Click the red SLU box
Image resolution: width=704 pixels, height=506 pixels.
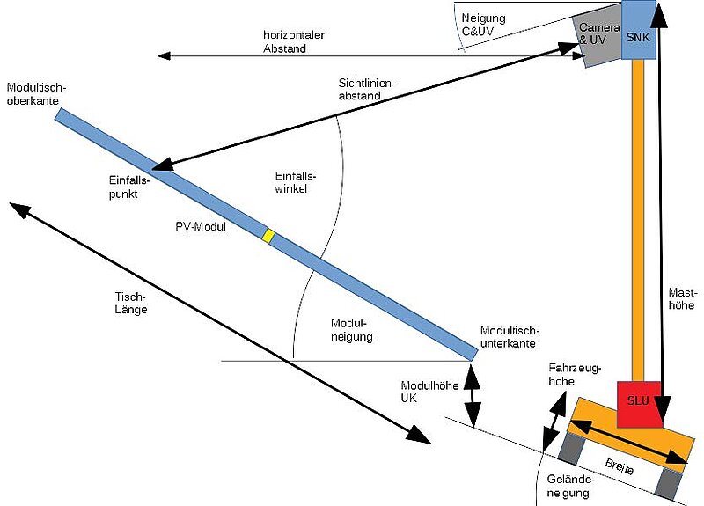point(638,401)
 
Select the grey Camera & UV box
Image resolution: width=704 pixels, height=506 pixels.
point(594,39)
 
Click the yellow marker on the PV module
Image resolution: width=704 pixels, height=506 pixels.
point(269,235)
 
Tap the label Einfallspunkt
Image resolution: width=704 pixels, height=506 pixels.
point(123,187)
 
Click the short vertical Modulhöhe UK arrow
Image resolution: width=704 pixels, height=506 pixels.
point(473,393)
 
